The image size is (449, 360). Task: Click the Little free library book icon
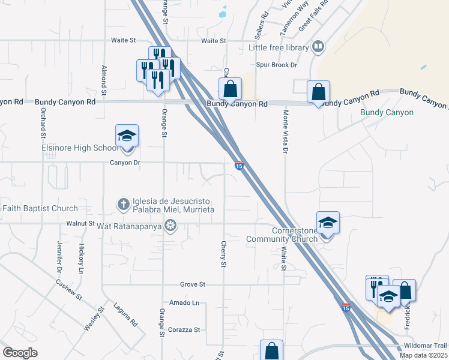318,47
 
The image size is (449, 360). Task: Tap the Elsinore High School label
80,148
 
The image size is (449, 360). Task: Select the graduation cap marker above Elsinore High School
127,136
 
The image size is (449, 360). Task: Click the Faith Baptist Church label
40,208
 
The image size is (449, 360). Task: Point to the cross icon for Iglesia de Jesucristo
124,203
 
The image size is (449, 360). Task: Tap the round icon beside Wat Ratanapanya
170,226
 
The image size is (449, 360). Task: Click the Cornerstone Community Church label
282,235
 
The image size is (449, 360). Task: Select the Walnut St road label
82,224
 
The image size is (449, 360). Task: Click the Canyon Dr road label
124,162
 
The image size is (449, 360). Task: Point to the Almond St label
104,80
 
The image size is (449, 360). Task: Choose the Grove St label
193,284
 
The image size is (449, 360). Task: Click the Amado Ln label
184,302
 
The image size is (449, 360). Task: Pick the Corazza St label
184,329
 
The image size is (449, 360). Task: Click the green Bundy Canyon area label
387,112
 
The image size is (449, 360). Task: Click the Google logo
20,353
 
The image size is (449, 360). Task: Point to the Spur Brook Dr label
277,65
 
